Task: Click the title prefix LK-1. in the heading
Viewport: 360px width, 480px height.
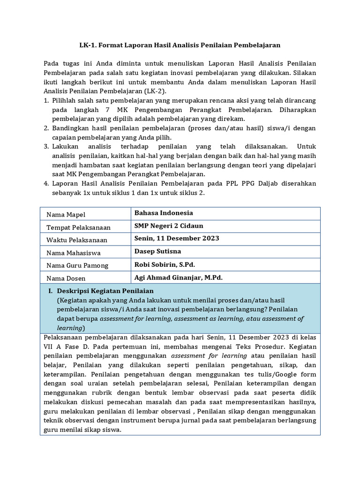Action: [88, 45]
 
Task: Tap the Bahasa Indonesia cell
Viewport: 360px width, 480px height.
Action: [164, 213]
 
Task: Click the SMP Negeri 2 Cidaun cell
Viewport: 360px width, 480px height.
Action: [169, 225]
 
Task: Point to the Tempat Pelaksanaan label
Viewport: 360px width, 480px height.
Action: [78, 227]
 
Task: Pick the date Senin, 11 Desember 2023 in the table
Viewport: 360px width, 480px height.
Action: [177, 238]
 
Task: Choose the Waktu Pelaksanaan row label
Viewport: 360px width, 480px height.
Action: [77, 240]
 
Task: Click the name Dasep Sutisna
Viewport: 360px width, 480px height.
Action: [157, 251]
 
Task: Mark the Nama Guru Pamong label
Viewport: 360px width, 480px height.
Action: [77, 265]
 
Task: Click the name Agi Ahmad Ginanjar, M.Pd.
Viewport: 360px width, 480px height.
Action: [178, 277]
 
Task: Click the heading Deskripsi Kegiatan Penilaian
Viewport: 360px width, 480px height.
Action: [105, 291]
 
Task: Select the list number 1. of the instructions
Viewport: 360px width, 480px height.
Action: [46, 101]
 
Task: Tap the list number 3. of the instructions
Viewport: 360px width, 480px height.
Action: [46, 146]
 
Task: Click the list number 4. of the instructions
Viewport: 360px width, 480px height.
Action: [46, 183]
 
